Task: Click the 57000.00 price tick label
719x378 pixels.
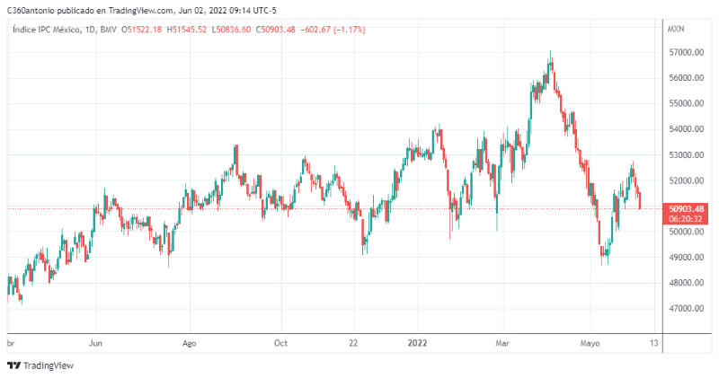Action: [685, 53]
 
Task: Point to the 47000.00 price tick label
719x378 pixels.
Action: [685, 309]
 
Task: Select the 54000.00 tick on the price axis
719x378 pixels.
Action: [685, 129]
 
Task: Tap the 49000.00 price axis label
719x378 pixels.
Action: [685, 258]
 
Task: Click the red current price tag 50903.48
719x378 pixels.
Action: [686, 208]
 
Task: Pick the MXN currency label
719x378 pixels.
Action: [676, 30]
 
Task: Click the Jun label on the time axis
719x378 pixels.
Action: [97, 343]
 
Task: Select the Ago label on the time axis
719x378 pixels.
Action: [189, 343]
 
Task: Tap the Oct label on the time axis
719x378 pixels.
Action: [280, 343]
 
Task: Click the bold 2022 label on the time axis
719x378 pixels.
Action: [418, 343]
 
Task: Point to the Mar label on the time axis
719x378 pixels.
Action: [503, 343]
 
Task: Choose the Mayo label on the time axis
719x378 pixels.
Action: [590, 343]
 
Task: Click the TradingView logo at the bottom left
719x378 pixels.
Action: [40, 365]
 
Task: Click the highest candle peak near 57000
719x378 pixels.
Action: [551, 54]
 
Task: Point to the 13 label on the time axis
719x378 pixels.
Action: [654, 343]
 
